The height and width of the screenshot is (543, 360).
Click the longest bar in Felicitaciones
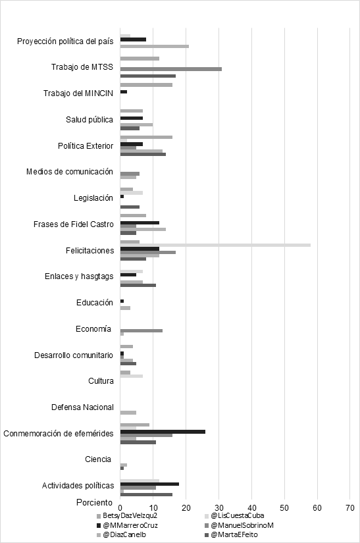pyautogui.click(x=215, y=246)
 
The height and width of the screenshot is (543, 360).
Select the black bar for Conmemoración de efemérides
pyautogui.click(x=163, y=432)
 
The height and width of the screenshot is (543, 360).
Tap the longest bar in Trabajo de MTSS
pyautogui.click(x=171, y=69)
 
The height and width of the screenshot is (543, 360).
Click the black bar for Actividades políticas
pyautogui.click(x=149, y=484)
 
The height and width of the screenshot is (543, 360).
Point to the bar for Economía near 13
pyautogui.click(x=141, y=330)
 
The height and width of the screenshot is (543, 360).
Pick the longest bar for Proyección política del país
pyautogui.click(x=155, y=47)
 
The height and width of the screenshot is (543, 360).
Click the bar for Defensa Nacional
pyautogui.click(x=128, y=413)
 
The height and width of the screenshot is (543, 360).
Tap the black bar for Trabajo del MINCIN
pyautogui.click(x=124, y=91)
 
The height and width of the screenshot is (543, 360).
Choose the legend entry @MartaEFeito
pyautogui.click(x=231, y=534)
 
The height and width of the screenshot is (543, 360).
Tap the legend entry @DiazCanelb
pyautogui.click(x=122, y=534)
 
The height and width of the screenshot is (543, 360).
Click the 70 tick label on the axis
pyautogui.click(x=350, y=508)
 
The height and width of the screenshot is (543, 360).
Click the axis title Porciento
pyautogui.click(x=95, y=502)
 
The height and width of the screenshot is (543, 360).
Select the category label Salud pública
pyautogui.click(x=90, y=120)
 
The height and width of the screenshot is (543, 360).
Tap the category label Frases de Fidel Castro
pyautogui.click(x=74, y=224)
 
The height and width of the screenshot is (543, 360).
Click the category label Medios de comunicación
pyautogui.click(x=70, y=172)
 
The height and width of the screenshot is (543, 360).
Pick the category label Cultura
pyautogui.click(x=101, y=381)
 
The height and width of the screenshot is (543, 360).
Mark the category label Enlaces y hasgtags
pyautogui.click(x=79, y=276)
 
